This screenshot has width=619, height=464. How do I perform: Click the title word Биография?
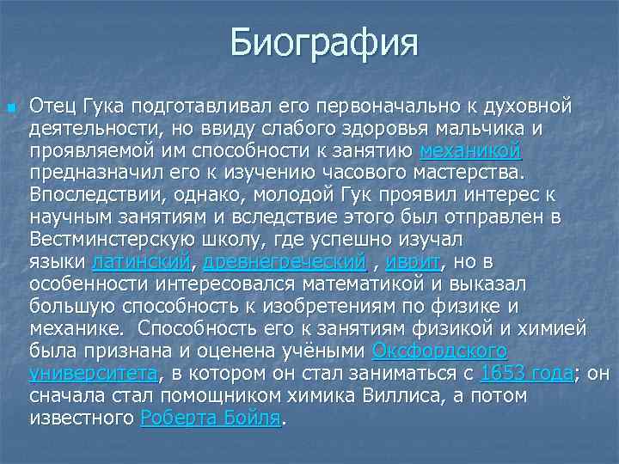pyautogui.click(x=324, y=42)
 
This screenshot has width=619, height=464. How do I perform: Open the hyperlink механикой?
pyautogui.click(x=470, y=150)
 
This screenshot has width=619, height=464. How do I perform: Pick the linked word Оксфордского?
pyautogui.click(x=439, y=351)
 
